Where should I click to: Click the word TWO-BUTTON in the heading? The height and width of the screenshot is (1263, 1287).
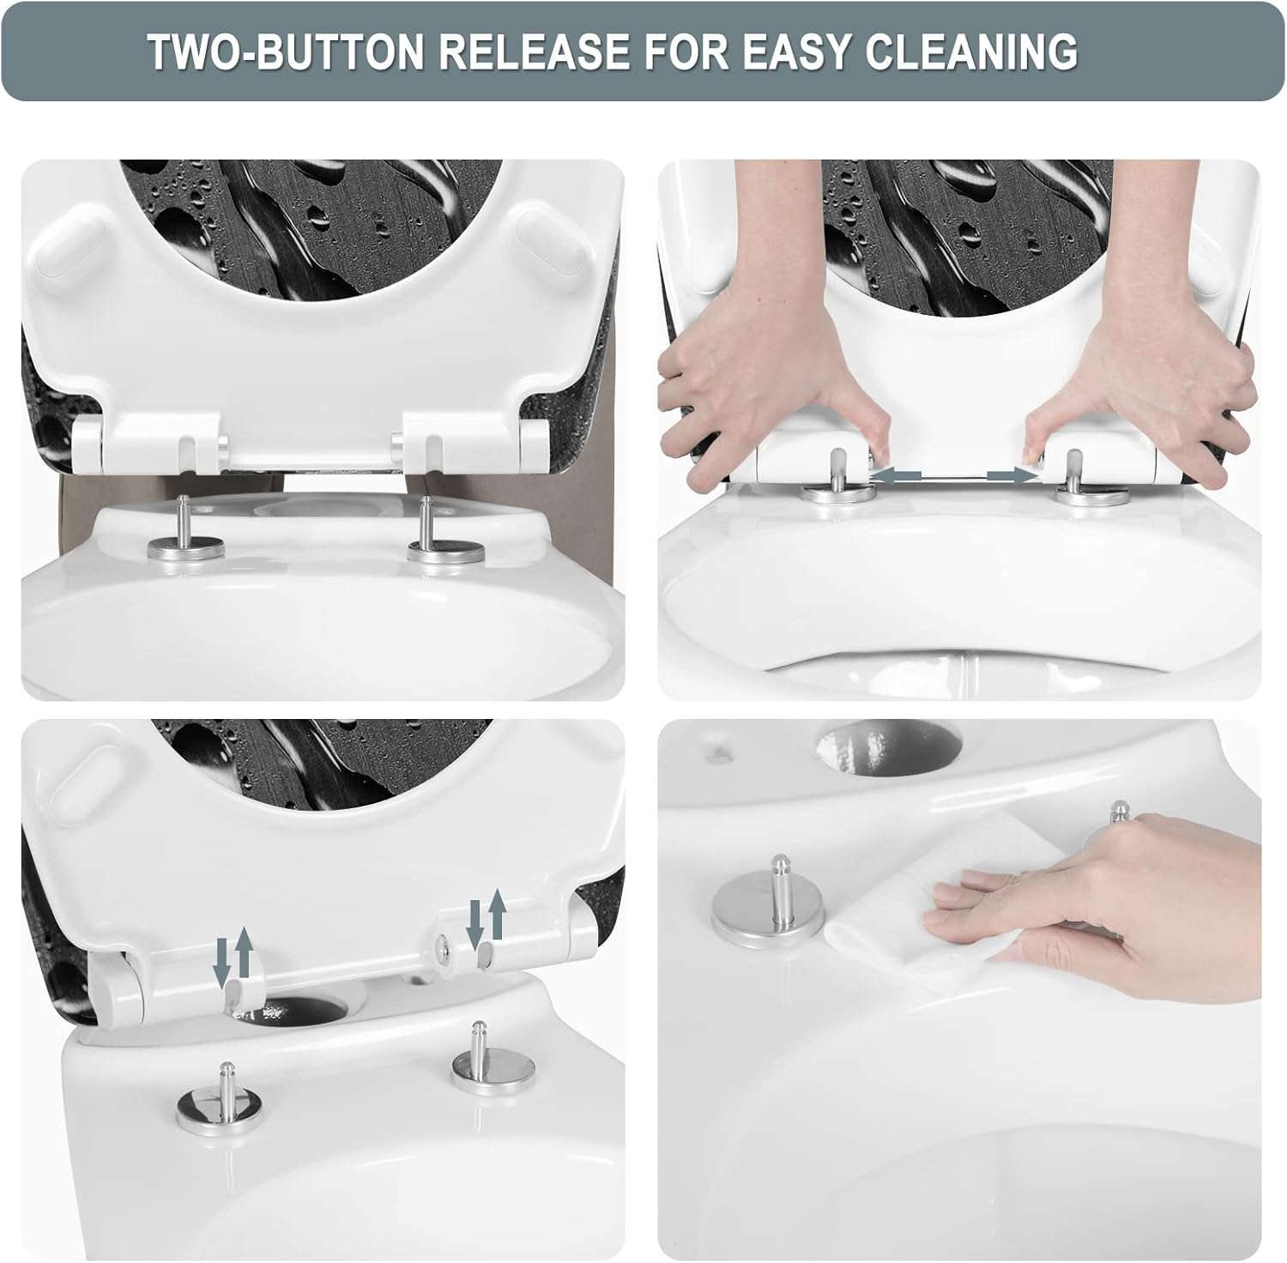point(287,52)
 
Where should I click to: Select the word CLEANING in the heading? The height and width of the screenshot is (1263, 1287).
point(972,52)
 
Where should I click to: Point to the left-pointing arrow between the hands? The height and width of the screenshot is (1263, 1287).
point(896,474)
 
